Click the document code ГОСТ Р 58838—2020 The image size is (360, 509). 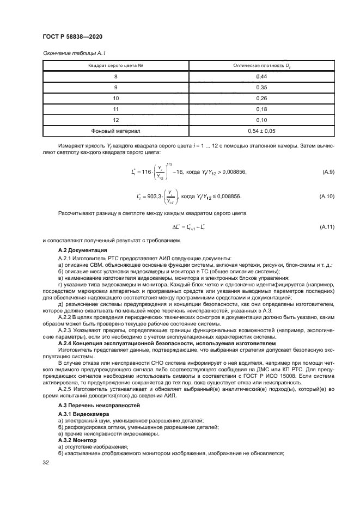pyautogui.click(x=72, y=36)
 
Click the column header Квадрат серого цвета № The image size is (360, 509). pyautogui.click(x=115, y=65)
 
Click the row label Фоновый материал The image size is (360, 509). pyautogui.click(x=115, y=131)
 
